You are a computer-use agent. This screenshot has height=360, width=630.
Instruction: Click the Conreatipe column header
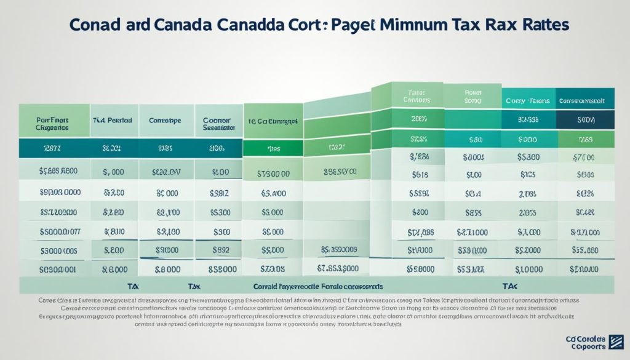tap(165, 121)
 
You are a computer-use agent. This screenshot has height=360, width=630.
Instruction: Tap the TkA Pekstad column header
tap(114, 121)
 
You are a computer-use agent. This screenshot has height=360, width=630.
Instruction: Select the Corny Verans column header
tap(528, 99)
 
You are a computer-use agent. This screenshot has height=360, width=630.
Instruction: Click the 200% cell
tap(419, 119)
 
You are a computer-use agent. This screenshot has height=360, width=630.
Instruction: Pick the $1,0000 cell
tap(529, 269)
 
